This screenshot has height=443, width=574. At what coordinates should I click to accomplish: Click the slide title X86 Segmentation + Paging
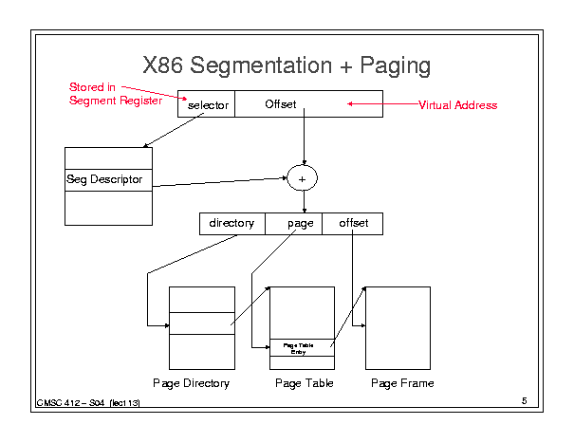(x=286, y=65)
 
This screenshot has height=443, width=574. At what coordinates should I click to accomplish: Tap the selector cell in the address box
(x=207, y=104)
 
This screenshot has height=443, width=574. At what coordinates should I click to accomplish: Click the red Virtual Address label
(x=457, y=105)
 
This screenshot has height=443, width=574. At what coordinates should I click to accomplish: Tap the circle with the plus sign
(x=302, y=177)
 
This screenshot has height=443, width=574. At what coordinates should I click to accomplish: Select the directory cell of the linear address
(x=231, y=223)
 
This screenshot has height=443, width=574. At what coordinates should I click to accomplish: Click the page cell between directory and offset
(x=300, y=223)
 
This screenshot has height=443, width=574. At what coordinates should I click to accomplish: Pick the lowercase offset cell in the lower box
(x=354, y=223)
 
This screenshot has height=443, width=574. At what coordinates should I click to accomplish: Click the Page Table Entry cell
(x=302, y=348)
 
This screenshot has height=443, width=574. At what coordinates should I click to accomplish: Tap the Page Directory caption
(x=191, y=383)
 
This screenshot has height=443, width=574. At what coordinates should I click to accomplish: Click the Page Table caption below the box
(x=303, y=383)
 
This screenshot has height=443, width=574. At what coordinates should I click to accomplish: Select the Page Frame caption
(x=402, y=383)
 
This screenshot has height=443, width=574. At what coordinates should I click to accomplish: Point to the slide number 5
(x=524, y=401)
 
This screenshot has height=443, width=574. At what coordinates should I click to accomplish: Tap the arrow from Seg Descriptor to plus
(x=220, y=182)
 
